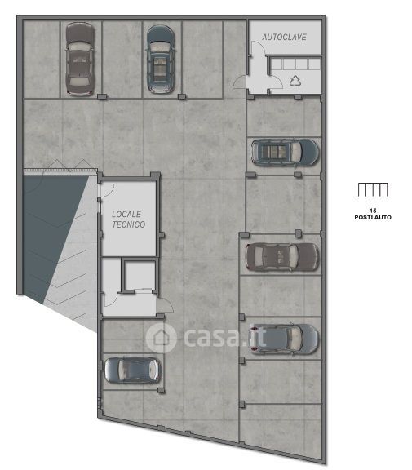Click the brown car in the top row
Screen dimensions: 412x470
pos(80,59)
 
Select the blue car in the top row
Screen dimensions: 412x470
pos(161,60)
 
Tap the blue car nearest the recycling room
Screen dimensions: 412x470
pos(285,153)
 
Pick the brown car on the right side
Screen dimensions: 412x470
pos(281,257)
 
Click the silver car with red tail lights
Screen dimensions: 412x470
pos(283,339)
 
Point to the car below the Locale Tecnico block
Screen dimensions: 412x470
pos(133,370)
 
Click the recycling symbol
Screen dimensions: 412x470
pos(295,81)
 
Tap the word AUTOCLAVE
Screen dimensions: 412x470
pos(284,38)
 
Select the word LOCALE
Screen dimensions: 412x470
pos(126,214)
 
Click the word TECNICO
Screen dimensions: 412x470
pos(129,224)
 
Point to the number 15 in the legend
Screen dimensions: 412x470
pos(373,211)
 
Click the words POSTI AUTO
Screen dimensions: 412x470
pos(373,217)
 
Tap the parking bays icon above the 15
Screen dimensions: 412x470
pos(373,189)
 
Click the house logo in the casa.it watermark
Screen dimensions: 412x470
pos(161,338)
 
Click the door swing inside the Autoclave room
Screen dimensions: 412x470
pos(259,48)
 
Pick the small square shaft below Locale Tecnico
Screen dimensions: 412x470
pos(140,276)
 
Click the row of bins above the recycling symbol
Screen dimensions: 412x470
pos(295,64)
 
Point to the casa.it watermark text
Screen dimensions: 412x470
pos(224,337)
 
